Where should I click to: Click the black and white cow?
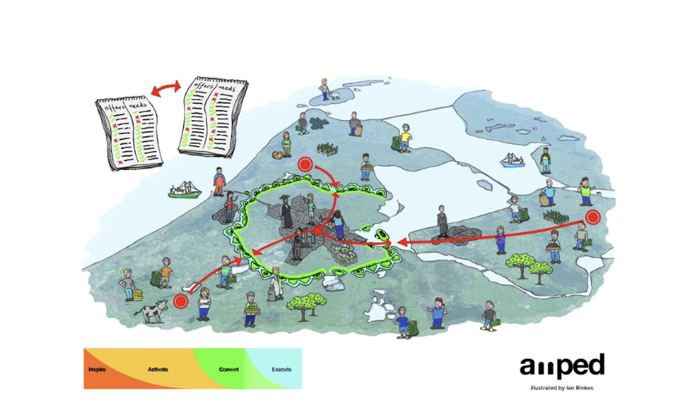click(152, 311)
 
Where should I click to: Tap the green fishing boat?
click(184, 192)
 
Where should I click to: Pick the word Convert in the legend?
click(229, 370)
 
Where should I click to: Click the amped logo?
click(562, 364)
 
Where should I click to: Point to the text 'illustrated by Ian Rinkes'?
click(562, 386)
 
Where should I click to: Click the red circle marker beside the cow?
click(181, 301)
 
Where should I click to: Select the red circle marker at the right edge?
click(594, 217)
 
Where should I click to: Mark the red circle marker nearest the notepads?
click(306, 163)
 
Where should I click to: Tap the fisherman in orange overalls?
click(219, 181)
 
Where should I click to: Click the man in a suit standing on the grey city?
click(442, 221)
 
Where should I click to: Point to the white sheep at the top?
click(334, 94)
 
